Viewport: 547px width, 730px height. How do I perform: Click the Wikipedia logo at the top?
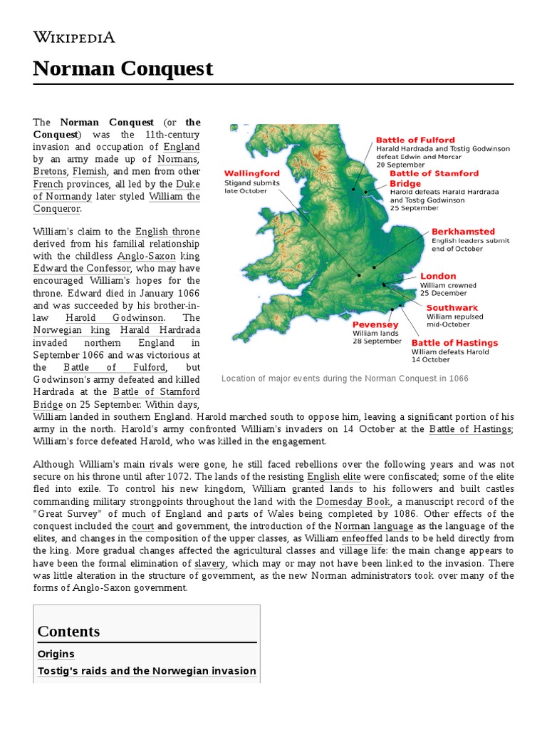(x=74, y=38)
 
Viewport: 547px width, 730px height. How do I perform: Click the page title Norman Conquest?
(x=123, y=68)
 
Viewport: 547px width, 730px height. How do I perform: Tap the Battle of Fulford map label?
(x=415, y=140)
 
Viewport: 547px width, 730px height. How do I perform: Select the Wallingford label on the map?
(x=251, y=173)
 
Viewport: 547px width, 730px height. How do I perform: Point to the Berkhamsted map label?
(x=463, y=232)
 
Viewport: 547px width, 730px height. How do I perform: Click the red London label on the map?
(x=438, y=276)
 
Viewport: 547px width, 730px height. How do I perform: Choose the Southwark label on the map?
(x=452, y=308)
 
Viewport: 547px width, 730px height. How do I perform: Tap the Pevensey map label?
(x=375, y=324)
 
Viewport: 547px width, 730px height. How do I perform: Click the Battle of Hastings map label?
(x=454, y=343)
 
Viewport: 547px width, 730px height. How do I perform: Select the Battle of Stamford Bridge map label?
(x=433, y=178)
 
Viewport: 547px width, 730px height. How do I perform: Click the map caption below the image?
(x=345, y=379)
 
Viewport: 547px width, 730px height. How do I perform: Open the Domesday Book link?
(x=353, y=501)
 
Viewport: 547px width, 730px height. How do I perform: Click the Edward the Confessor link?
(x=82, y=268)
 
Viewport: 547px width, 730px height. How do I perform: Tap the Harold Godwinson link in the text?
(x=115, y=317)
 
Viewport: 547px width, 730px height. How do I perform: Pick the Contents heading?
(x=68, y=631)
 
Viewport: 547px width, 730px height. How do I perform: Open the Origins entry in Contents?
(x=56, y=654)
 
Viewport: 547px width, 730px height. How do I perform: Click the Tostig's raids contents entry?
(x=146, y=671)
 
